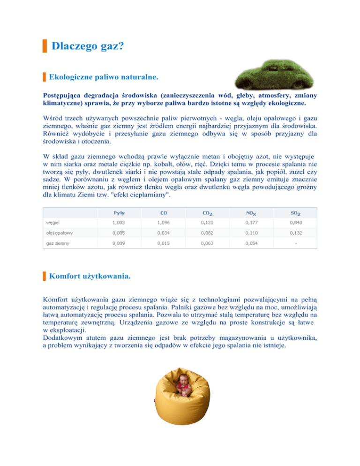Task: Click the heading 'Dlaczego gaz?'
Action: click(x=84, y=46)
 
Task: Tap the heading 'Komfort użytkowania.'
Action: click(x=90, y=277)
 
